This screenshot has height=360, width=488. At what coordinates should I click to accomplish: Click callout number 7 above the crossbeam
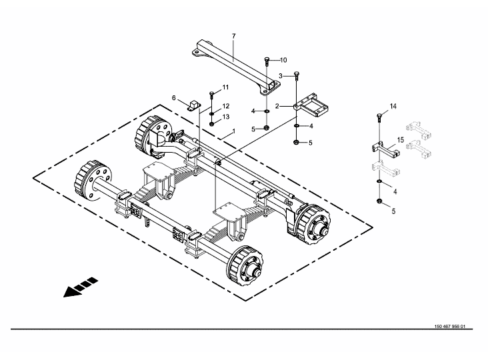[x=234, y=36]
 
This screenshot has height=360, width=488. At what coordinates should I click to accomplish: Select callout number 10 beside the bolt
[x=283, y=60]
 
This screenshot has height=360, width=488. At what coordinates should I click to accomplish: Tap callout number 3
[x=281, y=76]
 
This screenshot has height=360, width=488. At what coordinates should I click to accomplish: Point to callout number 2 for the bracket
[x=277, y=107]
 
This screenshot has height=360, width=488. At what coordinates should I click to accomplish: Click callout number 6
[x=174, y=98]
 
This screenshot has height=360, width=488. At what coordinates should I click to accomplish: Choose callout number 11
[x=225, y=87]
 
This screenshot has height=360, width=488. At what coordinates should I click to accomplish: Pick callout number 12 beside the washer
[x=226, y=106]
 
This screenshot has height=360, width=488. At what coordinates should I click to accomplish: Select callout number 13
[x=226, y=117]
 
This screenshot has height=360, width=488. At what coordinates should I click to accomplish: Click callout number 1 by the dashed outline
[x=234, y=131]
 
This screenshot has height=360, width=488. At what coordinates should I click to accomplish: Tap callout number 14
[x=393, y=107]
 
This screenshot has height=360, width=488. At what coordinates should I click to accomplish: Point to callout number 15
[x=400, y=140]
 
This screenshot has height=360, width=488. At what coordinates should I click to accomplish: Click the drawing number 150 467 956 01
[x=450, y=327]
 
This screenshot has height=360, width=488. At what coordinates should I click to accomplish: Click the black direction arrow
[x=80, y=287]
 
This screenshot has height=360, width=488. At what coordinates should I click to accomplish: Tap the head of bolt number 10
[x=267, y=59]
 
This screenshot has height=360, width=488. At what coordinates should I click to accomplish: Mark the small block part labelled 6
[x=194, y=105]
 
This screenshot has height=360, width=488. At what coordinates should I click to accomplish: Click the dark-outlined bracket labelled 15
[x=386, y=149]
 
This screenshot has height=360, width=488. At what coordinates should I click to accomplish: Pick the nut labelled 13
[x=211, y=124]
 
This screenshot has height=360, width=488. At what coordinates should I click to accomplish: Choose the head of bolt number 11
[x=211, y=93]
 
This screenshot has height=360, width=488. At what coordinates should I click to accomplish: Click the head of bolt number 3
[x=296, y=74]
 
